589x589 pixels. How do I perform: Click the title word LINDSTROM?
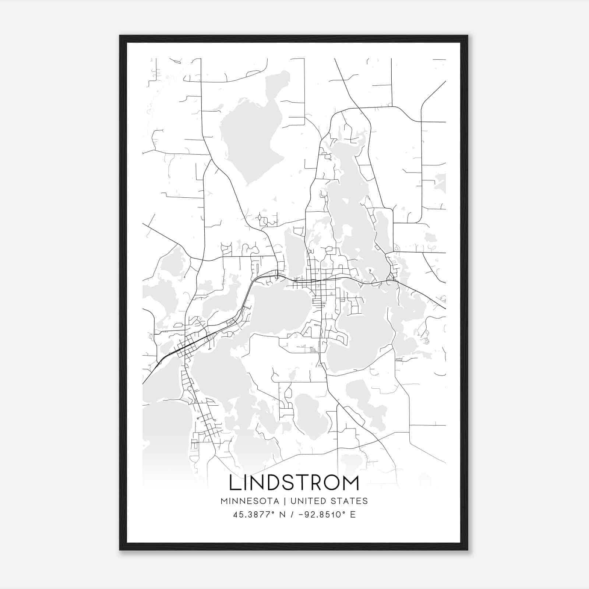click(x=294, y=483)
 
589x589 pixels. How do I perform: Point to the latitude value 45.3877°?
click(x=254, y=515)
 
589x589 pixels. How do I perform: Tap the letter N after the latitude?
click(x=283, y=515)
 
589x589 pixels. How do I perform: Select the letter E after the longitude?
click(x=353, y=515)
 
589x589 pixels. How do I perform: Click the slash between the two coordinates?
click(x=292, y=515)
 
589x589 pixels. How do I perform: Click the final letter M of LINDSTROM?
click(x=351, y=483)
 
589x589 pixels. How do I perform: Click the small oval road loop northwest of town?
click(x=260, y=219)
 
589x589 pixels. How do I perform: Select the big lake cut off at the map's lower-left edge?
click(x=162, y=434)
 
